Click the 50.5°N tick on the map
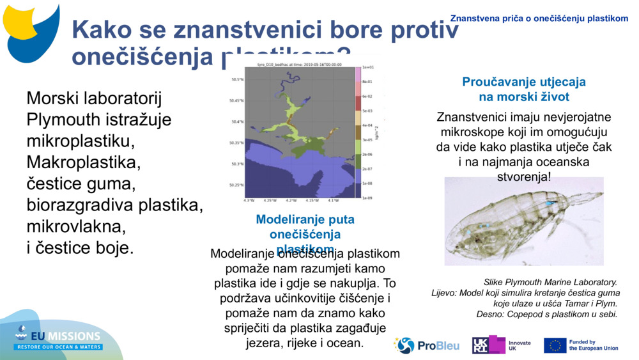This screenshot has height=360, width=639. pyautogui.click(x=236, y=80)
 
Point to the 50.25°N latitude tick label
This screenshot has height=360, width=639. pyautogui.click(x=236, y=185)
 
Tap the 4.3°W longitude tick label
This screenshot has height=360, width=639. pyautogui.click(x=249, y=200)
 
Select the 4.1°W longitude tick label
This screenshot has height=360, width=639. pyautogui.click(x=333, y=200)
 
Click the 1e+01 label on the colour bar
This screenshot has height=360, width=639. pyautogui.click(x=367, y=67)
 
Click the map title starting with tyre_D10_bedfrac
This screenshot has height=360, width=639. pyautogui.click(x=299, y=65)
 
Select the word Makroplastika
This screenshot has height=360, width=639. pyautogui.click(x=83, y=162)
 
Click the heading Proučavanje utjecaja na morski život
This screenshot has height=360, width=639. pyautogui.click(x=524, y=90)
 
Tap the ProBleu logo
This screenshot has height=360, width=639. pyautogui.click(x=427, y=345)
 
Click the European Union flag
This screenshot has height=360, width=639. pyautogui.click(x=555, y=345)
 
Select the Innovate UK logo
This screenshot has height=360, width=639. pyautogui.click(x=502, y=345)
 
